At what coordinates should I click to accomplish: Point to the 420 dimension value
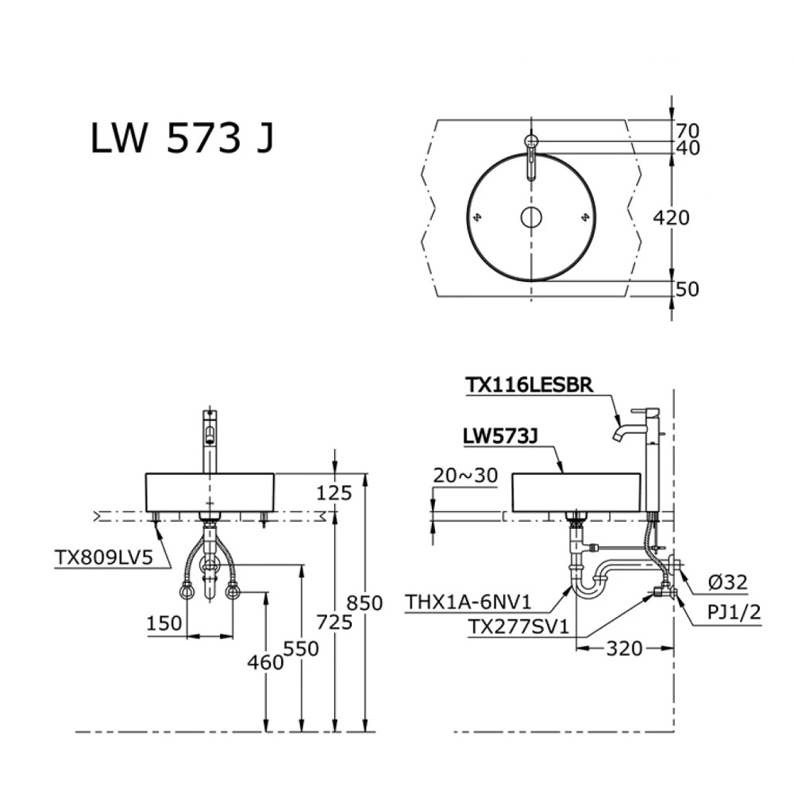click(x=673, y=216)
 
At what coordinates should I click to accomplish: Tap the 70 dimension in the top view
click(x=688, y=129)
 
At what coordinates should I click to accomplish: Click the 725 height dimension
click(x=335, y=622)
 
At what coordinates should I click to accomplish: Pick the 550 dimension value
click(x=302, y=648)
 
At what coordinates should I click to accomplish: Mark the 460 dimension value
click(x=266, y=661)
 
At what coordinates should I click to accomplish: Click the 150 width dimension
click(x=164, y=623)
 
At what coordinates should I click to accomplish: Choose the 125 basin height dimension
click(x=333, y=493)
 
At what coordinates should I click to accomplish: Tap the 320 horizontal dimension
click(x=624, y=649)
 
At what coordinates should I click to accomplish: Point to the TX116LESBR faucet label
click(x=528, y=384)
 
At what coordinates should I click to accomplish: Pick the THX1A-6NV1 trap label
click(x=468, y=600)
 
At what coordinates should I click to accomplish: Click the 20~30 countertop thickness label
click(x=466, y=475)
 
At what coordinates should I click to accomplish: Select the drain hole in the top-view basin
click(x=530, y=216)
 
